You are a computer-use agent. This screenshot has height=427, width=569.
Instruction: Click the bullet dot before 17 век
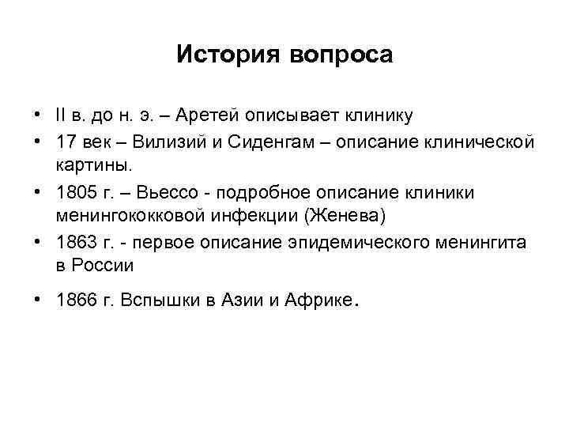(x=39, y=142)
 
